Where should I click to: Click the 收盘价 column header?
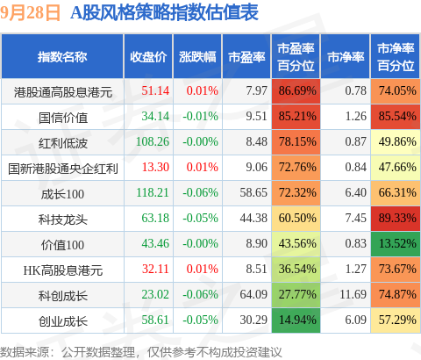pos(148,57)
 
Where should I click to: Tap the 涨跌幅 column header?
pos(197,57)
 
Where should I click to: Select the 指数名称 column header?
pos(62,57)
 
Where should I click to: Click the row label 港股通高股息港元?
pos(63,92)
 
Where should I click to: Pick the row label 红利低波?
pos(63,143)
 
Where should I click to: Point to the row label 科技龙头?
pos(63,220)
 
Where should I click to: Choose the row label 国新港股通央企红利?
pos(63,169)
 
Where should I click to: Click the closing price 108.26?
pos(153,141)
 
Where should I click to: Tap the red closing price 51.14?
pos(155,90)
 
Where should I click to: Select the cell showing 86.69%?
pos(296,90)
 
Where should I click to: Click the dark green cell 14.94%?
pos(296,320)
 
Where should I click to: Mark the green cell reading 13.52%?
pos(396,243)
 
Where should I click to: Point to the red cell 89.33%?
pos(396,218)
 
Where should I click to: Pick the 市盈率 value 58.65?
pos(253,192)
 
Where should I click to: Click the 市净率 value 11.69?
pos(353,294)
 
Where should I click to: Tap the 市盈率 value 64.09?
pos(253,294)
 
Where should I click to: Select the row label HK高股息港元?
pos(63,270)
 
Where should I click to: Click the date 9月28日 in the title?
pos(30,13)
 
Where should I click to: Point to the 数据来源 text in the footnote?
pos(25,352)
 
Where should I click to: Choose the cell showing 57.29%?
pos(396,320)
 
